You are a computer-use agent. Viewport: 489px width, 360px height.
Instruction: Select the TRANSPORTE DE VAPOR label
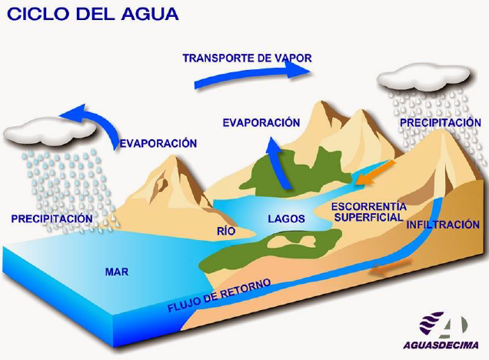coord(247,58)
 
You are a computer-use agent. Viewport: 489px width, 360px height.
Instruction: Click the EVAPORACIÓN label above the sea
coord(158,143)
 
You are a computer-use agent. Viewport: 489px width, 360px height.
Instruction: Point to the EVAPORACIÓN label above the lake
coord(260,122)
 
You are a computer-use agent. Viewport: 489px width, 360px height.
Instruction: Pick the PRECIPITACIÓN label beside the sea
coord(52,219)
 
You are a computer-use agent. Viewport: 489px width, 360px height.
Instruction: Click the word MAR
coord(116,272)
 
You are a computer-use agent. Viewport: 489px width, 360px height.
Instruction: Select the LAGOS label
coord(286,219)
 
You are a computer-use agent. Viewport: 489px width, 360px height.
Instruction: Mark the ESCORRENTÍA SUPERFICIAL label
coord(367,212)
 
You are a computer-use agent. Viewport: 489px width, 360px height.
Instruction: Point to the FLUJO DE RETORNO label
coord(218,297)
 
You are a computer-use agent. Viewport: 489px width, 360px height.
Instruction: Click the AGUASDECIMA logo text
coord(444,343)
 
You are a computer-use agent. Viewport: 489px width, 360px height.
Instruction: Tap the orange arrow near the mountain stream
coord(378,172)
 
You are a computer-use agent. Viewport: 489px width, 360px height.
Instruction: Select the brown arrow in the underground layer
coord(388,270)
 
